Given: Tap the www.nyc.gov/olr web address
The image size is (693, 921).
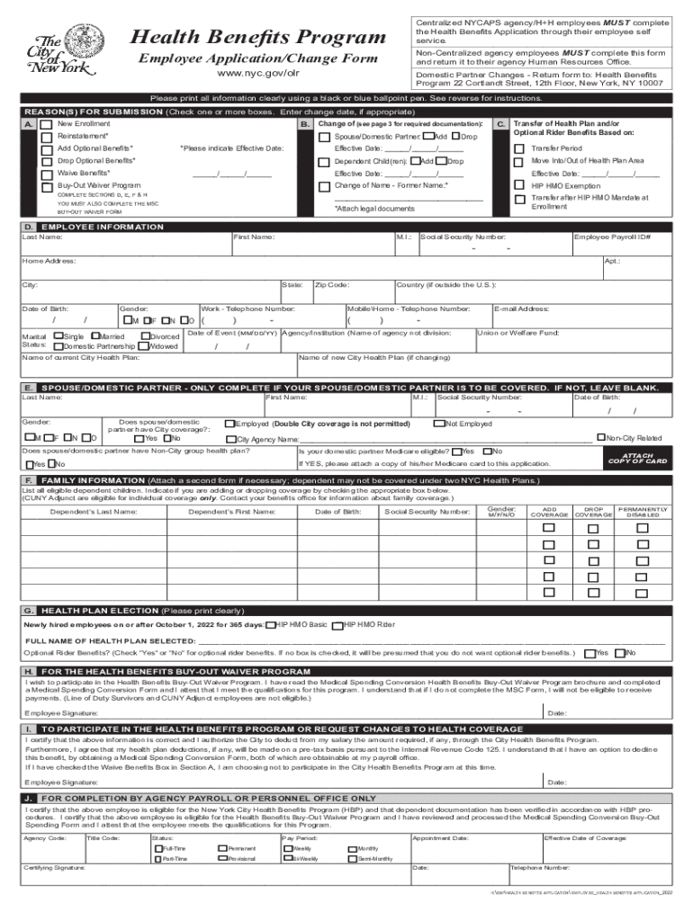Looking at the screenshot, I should pyautogui.click(x=258, y=74).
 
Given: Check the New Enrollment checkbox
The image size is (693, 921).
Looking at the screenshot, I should pyautogui.click(x=46, y=123).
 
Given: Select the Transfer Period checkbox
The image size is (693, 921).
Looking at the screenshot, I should pyautogui.click(x=518, y=148).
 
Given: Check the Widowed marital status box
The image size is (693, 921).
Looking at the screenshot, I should pyautogui.click(x=145, y=346).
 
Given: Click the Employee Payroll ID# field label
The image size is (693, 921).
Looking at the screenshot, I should pyautogui.click(x=612, y=237).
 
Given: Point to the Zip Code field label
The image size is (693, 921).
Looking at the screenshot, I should pyautogui.click(x=331, y=284).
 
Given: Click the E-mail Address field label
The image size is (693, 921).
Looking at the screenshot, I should pyautogui.click(x=521, y=308).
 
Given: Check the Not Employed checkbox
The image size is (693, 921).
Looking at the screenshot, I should pyautogui.click(x=438, y=424).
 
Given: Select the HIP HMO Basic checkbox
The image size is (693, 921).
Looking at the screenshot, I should pyautogui.click(x=271, y=624).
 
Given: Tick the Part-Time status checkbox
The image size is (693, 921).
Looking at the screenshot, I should pyautogui.click(x=157, y=859).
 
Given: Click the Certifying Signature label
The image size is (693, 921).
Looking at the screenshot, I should pyautogui.click(x=54, y=868).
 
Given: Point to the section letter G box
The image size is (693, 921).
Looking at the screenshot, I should pyautogui.click(x=30, y=609).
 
